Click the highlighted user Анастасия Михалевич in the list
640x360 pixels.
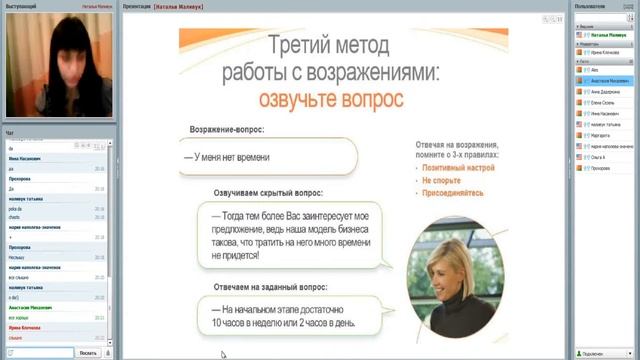tap(610, 80)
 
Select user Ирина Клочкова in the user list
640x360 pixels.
tap(604, 52)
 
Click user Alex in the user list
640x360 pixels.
tap(595, 71)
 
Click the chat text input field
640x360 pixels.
tap(37, 353)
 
